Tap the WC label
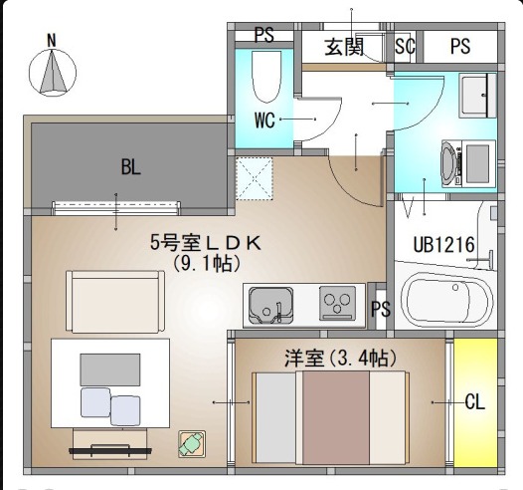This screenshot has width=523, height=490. [x=264, y=121]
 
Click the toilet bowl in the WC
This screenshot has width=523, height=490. [x=265, y=77]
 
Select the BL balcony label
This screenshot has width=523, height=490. [x=131, y=166]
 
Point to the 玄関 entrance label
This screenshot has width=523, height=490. [x=344, y=47]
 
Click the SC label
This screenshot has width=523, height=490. [x=405, y=46]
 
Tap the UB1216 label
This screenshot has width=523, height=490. [x=443, y=244]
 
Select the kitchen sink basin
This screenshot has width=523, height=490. [x=271, y=306]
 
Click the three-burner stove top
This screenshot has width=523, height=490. [x=337, y=303]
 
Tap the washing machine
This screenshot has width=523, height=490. [x=467, y=163]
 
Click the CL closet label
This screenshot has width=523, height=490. [x=474, y=401]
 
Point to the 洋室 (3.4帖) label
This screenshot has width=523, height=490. [x=341, y=359]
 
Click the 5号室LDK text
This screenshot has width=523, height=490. [x=206, y=242]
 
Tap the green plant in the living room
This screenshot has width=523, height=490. [x=192, y=444]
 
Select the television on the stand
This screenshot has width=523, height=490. [x=110, y=449]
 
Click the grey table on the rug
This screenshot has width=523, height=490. [x=110, y=369]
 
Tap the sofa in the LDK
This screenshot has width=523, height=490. [x=115, y=302]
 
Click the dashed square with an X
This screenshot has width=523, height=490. [x=255, y=178]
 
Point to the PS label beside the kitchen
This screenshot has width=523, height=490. [x=381, y=309]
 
